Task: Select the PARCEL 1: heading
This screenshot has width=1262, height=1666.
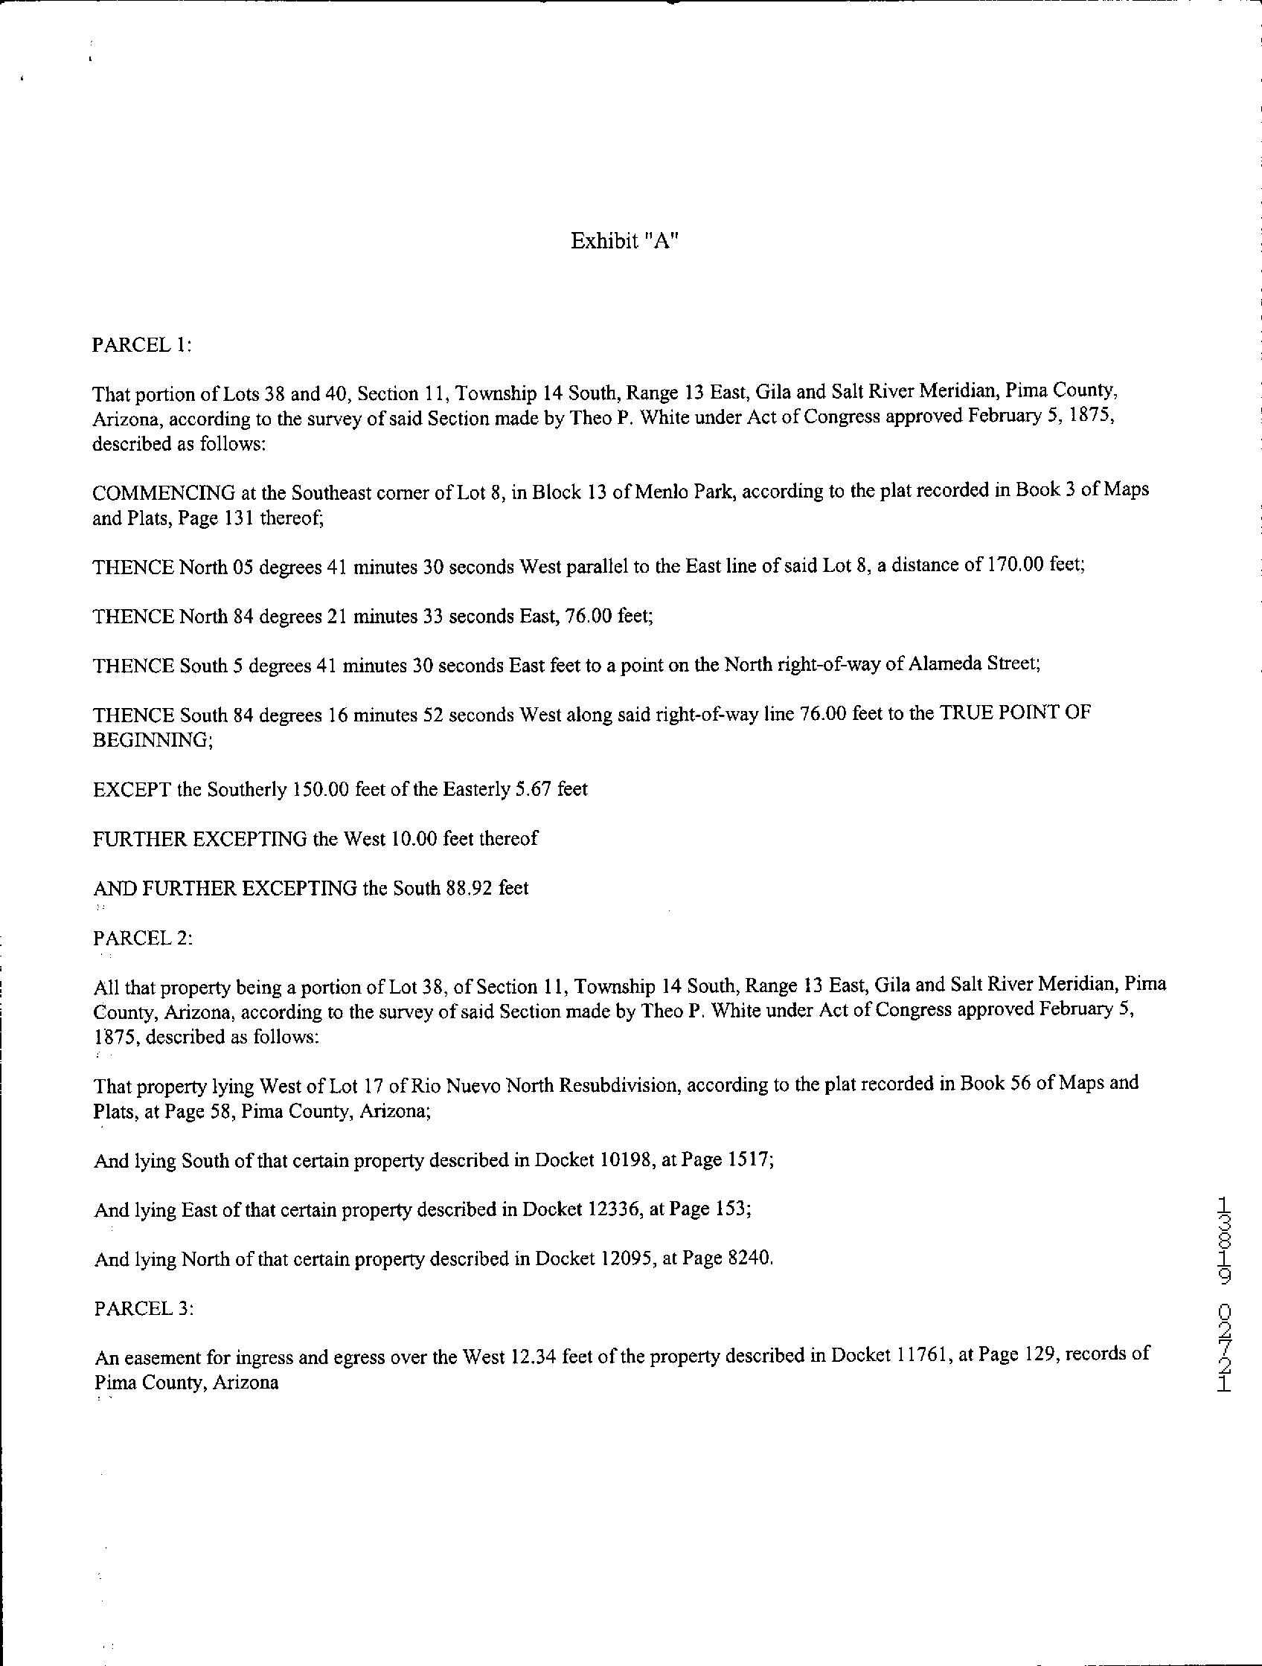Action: pyautogui.click(x=141, y=345)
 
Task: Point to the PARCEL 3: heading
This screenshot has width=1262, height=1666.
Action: pyautogui.click(x=143, y=1308)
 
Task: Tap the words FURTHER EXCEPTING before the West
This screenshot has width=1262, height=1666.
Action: pyautogui.click(x=199, y=838)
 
